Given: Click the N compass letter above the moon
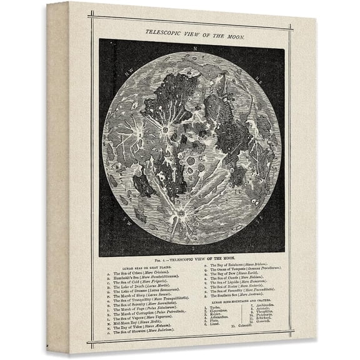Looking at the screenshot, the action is (x=196, y=48).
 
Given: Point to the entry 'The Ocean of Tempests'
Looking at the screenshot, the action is (x=239, y=271).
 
